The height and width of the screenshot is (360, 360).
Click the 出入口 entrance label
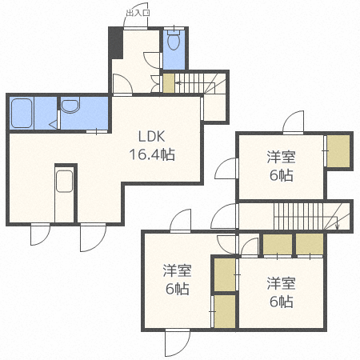[137, 13]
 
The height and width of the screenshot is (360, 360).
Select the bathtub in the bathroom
[22, 112]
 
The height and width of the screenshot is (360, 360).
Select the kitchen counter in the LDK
[64, 192]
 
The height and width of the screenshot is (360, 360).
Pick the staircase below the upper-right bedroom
[304, 216]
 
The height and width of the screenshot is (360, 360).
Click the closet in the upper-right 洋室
[338, 151]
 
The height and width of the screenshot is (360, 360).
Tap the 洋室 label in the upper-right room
[281, 158]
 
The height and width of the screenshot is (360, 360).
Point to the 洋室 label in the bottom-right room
[280, 282]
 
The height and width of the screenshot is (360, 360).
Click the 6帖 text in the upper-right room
[281, 176]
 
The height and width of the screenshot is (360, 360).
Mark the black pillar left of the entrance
[116, 42]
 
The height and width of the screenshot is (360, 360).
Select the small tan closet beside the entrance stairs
[168, 82]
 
